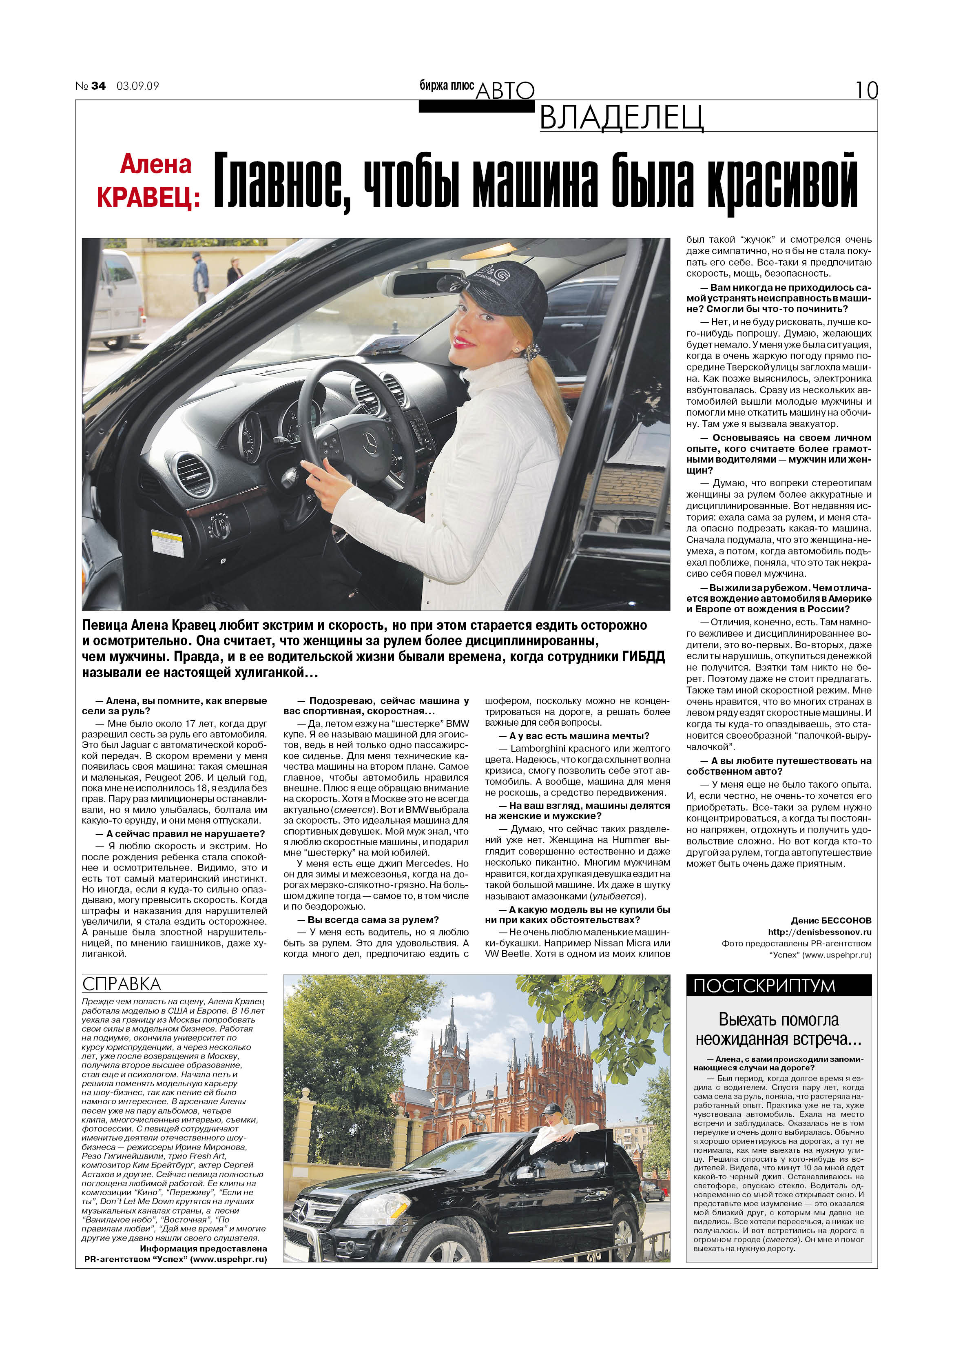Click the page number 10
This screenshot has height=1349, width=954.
(x=866, y=90)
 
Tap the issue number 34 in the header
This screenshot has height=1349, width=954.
(x=98, y=86)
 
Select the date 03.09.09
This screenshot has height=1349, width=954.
(x=137, y=86)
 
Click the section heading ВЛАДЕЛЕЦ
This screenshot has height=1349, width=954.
(x=621, y=117)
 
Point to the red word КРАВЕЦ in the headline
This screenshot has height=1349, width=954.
(x=148, y=197)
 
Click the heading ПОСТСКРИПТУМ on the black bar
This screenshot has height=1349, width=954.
(x=764, y=985)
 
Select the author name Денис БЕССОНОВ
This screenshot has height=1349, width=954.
(x=831, y=920)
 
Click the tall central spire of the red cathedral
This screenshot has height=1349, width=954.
(x=452, y=1028)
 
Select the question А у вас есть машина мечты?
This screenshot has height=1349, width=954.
(x=574, y=735)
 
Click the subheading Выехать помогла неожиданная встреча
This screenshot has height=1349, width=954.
(x=778, y=1029)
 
